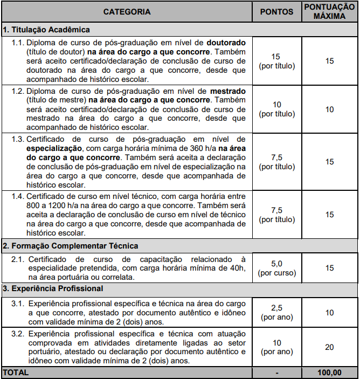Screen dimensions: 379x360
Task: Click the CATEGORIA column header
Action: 127,11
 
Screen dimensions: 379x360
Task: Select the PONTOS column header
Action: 277,11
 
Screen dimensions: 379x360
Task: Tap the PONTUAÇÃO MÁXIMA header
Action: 329,11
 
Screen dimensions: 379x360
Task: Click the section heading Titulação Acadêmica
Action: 46,30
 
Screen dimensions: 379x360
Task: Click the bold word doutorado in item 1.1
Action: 225,42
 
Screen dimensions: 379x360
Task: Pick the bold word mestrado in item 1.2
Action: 229,92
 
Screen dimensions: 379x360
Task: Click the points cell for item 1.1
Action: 277,61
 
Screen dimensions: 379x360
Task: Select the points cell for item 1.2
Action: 277,109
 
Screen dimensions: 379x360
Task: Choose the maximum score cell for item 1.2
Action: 329,109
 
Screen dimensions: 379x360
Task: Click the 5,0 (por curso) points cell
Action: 277,268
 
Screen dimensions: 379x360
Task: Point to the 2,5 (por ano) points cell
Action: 277,313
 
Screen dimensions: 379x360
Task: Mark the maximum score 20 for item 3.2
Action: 329,347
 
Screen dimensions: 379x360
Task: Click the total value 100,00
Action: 329,373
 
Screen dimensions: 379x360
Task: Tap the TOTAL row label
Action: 16,373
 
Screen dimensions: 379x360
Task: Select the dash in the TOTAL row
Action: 277,373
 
